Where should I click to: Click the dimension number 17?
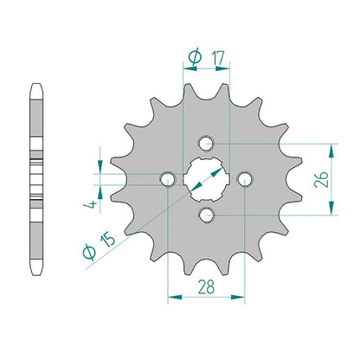coord(218,58)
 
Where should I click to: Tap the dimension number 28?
coord(206,287)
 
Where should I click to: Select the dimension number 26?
coord(321,179)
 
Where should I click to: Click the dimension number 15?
coord(107,239)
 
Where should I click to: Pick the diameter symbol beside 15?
coord(89,253)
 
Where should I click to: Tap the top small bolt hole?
coord(206,143)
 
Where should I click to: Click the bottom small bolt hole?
coord(206,215)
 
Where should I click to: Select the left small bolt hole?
coord(168,179)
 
